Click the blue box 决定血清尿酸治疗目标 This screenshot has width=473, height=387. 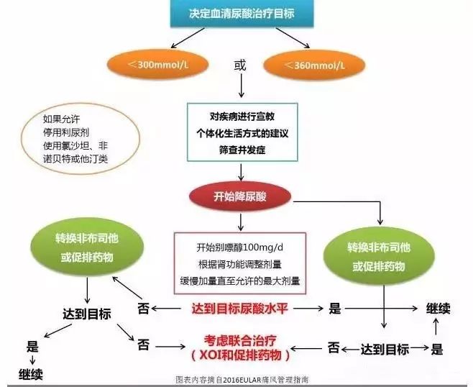(x=242, y=13)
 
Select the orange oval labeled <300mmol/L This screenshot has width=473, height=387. (x=157, y=65)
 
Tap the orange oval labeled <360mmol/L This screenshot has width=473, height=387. (x=314, y=65)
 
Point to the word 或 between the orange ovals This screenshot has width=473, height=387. (x=240, y=65)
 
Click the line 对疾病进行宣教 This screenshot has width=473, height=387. (x=242, y=117)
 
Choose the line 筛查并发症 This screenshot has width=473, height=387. (x=242, y=150)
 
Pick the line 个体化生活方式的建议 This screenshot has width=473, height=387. (x=242, y=133)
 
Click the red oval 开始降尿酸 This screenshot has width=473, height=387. (x=240, y=196)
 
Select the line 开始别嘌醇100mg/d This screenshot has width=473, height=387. (x=240, y=248)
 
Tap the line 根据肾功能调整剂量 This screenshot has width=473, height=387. (x=240, y=265)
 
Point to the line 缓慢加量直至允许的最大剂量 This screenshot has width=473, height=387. (x=240, y=281)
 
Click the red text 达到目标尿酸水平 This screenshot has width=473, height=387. (x=240, y=309)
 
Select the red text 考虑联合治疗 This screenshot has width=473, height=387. (x=240, y=341)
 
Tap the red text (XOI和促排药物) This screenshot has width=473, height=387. (x=240, y=355)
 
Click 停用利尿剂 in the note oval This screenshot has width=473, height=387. (x=66, y=132)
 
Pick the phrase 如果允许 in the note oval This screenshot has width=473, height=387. (x=62, y=119)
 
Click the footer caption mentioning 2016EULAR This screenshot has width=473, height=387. (x=242, y=380)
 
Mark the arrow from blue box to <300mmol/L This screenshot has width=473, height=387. (x=188, y=38)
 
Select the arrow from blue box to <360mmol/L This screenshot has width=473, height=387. (x=293, y=38)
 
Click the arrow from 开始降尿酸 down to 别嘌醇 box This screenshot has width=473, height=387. (x=240, y=222)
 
